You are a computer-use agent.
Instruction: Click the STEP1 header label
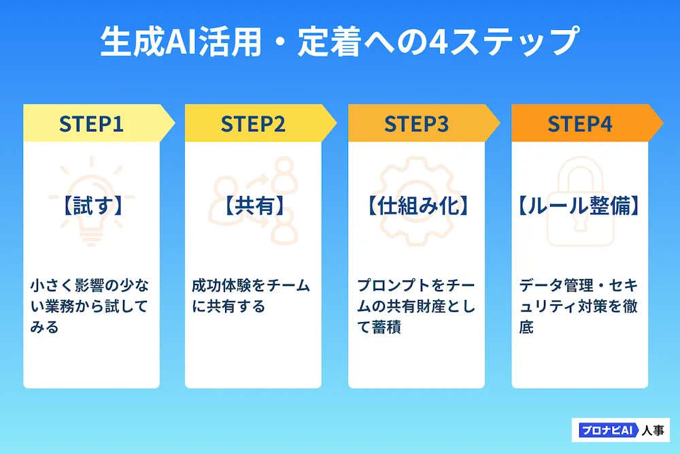tap(91, 124)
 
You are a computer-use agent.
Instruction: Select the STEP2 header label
tap(253, 124)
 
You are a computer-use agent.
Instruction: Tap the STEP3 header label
tap(416, 124)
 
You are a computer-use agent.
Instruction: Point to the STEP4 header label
tap(580, 124)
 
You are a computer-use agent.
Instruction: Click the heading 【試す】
tap(92, 206)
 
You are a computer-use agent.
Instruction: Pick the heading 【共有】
tap(253, 206)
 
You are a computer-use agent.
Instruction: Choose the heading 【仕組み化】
tap(417, 206)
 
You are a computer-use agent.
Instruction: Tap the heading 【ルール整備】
tap(579, 206)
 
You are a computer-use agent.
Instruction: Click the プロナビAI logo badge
tap(609, 430)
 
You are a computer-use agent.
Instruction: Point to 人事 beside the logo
tap(653, 430)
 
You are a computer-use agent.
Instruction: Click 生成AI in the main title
tap(149, 42)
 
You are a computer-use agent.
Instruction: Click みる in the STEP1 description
tap(44, 327)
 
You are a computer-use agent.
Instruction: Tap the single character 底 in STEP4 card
tap(526, 327)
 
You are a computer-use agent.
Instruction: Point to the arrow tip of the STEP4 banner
tap(662, 123)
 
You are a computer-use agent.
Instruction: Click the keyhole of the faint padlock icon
tap(580, 223)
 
